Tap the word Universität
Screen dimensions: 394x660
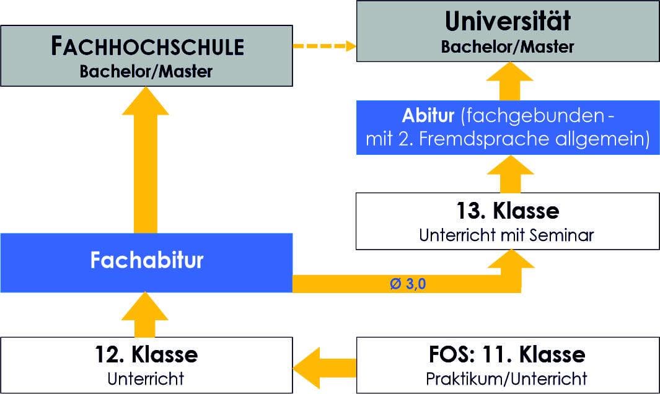coord(508,22)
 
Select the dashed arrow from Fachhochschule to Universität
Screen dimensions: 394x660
coord(324,46)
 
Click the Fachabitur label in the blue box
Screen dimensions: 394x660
coord(146,261)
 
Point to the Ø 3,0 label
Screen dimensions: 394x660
coord(408,285)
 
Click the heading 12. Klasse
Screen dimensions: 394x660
coord(146,355)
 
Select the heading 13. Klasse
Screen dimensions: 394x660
coord(508,211)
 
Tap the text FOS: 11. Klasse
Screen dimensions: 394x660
coord(507,355)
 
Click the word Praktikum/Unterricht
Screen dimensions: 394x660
coord(507,377)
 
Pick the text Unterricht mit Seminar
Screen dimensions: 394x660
coord(507,235)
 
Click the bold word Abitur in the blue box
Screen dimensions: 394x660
coord(428,116)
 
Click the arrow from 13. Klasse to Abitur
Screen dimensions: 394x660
coord(509,175)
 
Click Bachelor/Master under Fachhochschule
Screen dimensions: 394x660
coord(146,71)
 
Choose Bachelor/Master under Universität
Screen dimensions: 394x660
coord(508,46)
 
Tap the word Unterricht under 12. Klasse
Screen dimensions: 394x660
coord(146,377)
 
